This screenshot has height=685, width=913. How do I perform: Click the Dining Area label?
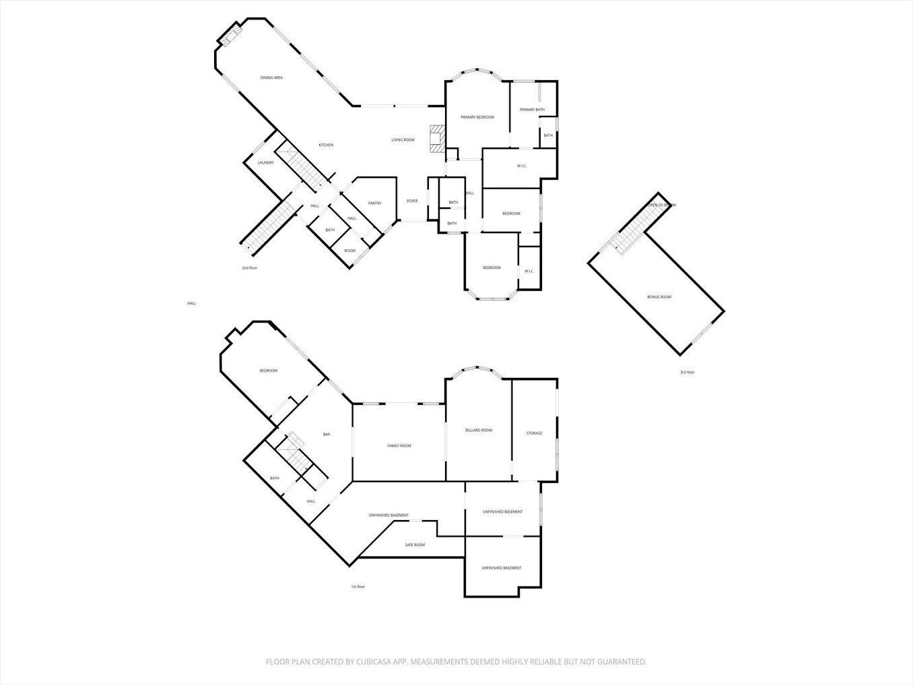point(271,78)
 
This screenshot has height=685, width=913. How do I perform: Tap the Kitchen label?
point(326,145)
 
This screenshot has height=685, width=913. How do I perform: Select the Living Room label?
point(403,140)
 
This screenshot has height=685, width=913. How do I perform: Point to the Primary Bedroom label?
point(477,117)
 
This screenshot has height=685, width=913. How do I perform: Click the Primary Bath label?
point(532,110)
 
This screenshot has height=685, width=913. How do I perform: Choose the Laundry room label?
point(266,163)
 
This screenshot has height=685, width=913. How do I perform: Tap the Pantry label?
point(374,203)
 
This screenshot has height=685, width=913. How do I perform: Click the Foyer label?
point(412,201)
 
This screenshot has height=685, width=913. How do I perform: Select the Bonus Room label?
point(659,297)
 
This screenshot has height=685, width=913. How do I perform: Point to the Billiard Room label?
point(479,430)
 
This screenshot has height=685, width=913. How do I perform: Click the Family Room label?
point(399,446)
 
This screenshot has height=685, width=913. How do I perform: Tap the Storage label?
point(534,433)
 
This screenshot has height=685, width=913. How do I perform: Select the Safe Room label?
point(415,545)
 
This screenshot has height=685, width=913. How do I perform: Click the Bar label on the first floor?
point(327,434)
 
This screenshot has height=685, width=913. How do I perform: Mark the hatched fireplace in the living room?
point(438,137)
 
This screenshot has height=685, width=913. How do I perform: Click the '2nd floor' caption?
point(250,268)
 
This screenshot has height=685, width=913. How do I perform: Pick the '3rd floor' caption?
point(687,372)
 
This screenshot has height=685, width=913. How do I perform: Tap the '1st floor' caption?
point(358,587)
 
